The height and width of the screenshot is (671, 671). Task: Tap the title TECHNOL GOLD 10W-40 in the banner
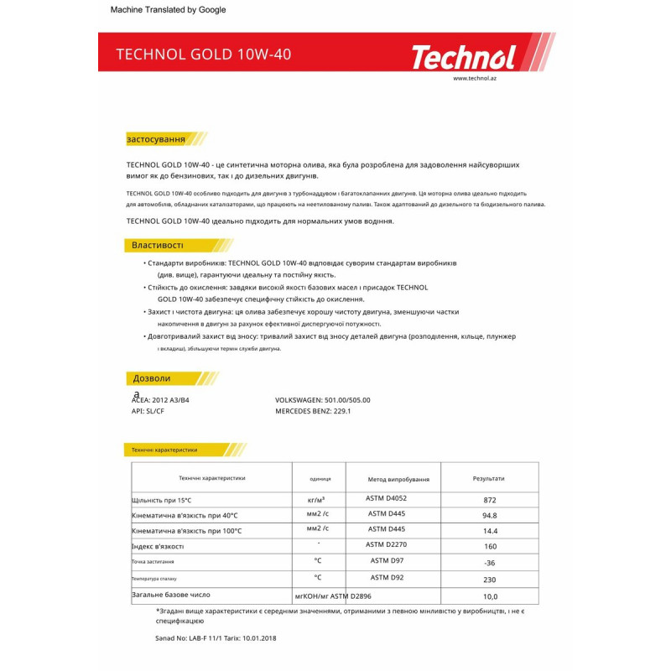pyautogui.click(x=204, y=55)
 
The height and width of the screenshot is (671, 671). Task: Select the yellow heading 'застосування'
pyautogui.click(x=156, y=138)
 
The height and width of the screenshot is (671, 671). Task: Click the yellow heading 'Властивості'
pyautogui.click(x=157, y=245)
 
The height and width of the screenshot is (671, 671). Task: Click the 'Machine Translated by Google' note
pyautogui.click(x=168, y=10)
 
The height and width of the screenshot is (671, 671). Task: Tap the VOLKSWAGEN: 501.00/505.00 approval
pyautogui.click(x=322, y=400)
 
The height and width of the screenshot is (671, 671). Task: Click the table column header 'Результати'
pyautogui.click(x=489, y=478)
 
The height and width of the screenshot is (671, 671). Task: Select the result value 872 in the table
pyautogui.click(x=490, y=500)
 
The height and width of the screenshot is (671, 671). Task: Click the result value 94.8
pyautogui.click(x=490, y=516)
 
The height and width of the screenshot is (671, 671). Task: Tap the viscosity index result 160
pyautogui.click(x=490, y=547)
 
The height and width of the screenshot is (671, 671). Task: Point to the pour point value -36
pyautogui.click(x=490, y=563)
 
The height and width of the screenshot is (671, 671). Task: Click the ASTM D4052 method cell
pyautogui.click(x=387, y=498)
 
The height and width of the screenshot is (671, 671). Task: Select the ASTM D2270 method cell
pyautogui.click(x=387, y=545)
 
